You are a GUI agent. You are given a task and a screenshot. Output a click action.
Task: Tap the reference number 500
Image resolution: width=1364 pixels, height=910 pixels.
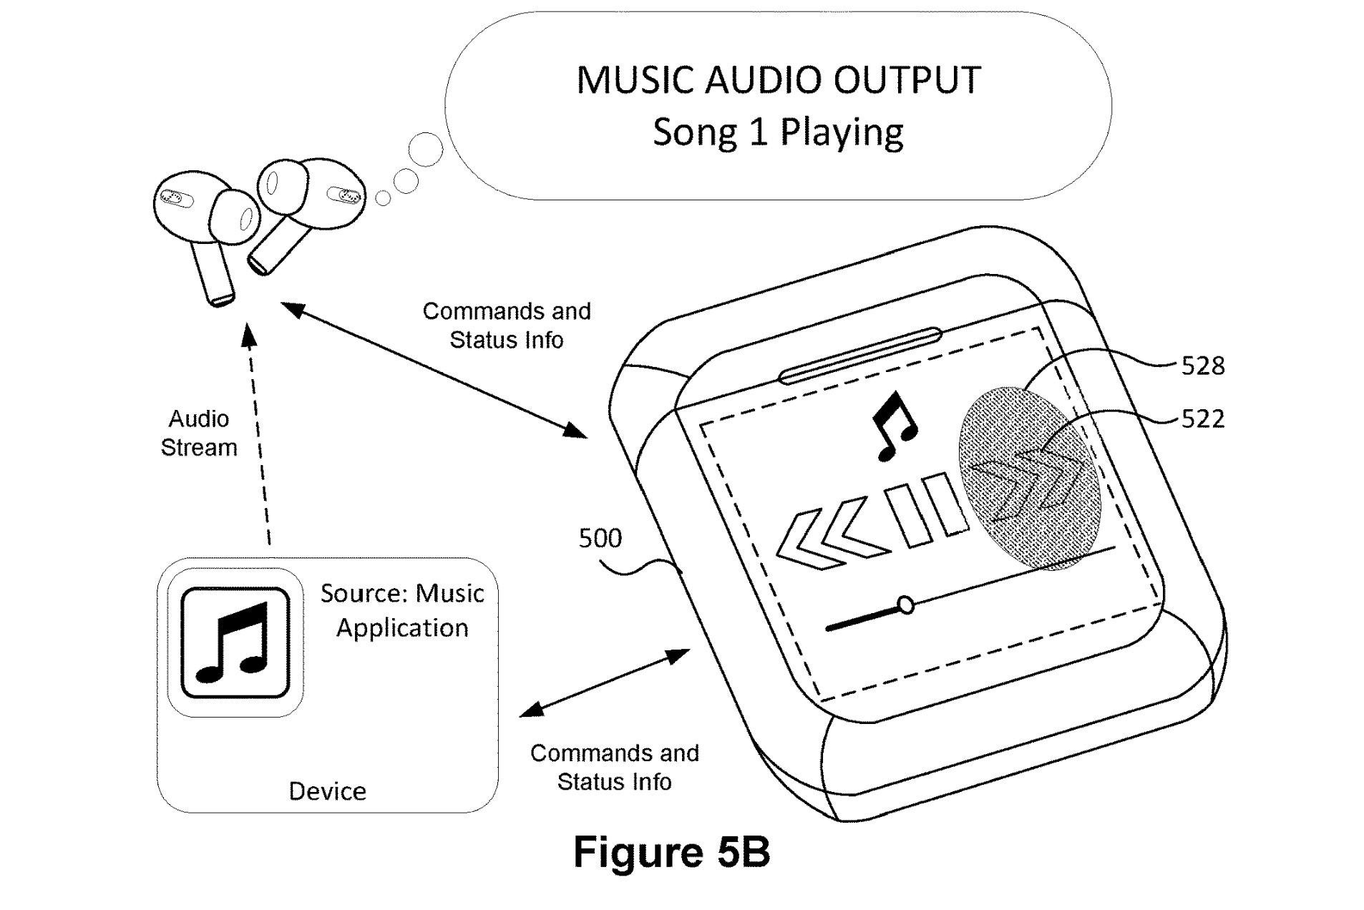click(x=600, y=538)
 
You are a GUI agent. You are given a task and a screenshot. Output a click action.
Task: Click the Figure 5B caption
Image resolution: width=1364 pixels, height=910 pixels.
click(x=671, y=851)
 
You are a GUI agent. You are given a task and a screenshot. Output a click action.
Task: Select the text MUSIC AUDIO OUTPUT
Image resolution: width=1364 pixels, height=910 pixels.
click(x=777, y=79)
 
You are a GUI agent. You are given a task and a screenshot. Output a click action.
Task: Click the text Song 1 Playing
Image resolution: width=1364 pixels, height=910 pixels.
click(x=777, y=132)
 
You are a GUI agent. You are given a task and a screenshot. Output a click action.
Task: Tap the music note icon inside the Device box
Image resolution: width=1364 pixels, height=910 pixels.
click(x=235, y=642)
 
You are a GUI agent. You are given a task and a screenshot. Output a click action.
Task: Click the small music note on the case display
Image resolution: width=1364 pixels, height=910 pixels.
click(x=892, y=427)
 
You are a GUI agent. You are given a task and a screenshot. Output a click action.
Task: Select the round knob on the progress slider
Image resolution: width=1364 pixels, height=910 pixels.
click(x=905, y=605)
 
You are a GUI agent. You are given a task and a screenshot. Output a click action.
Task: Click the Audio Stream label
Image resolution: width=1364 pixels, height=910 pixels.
click(x=198, y=433)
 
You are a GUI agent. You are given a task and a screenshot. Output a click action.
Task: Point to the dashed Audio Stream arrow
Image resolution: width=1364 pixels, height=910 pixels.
click(x=259, y=436)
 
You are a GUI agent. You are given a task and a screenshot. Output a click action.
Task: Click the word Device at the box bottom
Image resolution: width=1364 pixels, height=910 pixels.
click(x=327, y=791)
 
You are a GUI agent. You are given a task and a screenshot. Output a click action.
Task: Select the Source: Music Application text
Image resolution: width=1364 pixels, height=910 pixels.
click(x=401, y=610)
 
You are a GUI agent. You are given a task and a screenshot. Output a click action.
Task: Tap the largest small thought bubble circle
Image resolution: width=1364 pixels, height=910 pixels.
click(x=425, y=150)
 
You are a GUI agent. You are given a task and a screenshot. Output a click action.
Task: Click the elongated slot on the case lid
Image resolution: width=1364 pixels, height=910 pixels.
click(x=859, y=356)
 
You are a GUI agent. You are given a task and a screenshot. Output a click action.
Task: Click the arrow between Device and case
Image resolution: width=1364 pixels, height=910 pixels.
click(x=605, y=682)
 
